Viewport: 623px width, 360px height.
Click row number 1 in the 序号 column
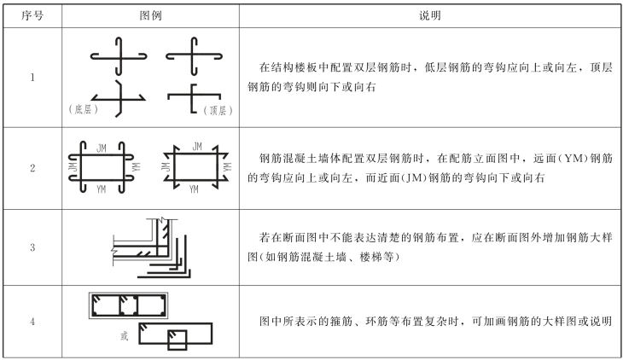click(32, 78)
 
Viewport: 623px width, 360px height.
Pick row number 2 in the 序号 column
click(32, 168)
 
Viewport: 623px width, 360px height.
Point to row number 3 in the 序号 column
click(32, 247)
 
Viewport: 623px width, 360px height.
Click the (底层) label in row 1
click(84, 110)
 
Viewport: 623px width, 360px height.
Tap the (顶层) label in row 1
click(218, 110)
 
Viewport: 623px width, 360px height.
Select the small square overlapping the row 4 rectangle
click(178, 339)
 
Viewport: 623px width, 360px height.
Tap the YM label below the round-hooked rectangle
click(102, 189)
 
